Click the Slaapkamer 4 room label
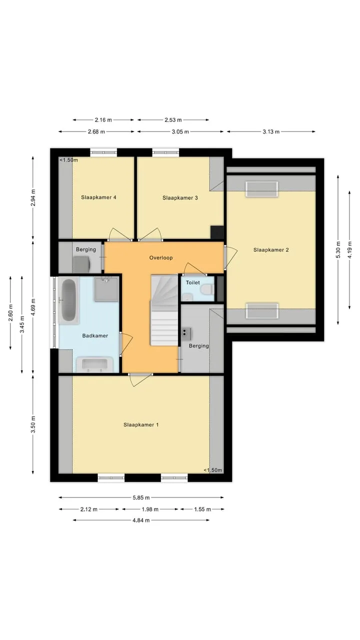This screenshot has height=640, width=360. [98, 197]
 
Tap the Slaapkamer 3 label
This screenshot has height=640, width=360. [180, 197]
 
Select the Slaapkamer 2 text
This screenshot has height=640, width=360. [271, 250]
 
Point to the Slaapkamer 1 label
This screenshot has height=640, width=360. [141, 425]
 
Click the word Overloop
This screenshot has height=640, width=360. [161, 257]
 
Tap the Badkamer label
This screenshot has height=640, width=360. [95, 335]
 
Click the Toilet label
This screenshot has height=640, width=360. [193, 282]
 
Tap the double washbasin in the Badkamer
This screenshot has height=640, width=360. [94, 364]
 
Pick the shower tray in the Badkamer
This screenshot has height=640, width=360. [106, 289]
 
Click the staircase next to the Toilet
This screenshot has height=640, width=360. [164, 310]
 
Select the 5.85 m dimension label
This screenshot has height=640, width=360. [141, 497]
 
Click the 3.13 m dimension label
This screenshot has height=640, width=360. [271, 131]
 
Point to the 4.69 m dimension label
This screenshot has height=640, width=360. [33, 307]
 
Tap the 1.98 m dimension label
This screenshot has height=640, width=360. [150, 509]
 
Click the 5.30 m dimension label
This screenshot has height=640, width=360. [338, 250]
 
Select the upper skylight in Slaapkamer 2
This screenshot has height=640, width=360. [261, 189]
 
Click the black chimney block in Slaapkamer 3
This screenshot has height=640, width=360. [217, 232]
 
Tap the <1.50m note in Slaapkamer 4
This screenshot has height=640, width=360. [69, 160]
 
